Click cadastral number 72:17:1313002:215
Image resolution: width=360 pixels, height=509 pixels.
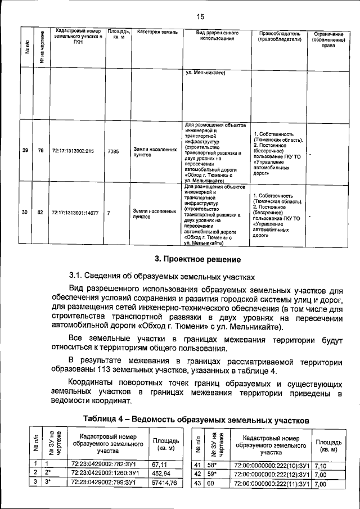[x=73, y=151]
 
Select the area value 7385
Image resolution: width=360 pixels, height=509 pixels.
[x=112, y=151]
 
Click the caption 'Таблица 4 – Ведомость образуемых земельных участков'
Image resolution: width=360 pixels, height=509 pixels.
[x=196, y=420]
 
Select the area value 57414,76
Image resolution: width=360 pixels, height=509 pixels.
[x=164, y=483]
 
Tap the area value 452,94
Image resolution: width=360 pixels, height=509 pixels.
[x=161, y=474]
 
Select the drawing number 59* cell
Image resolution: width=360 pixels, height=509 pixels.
[x=208, y=474]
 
